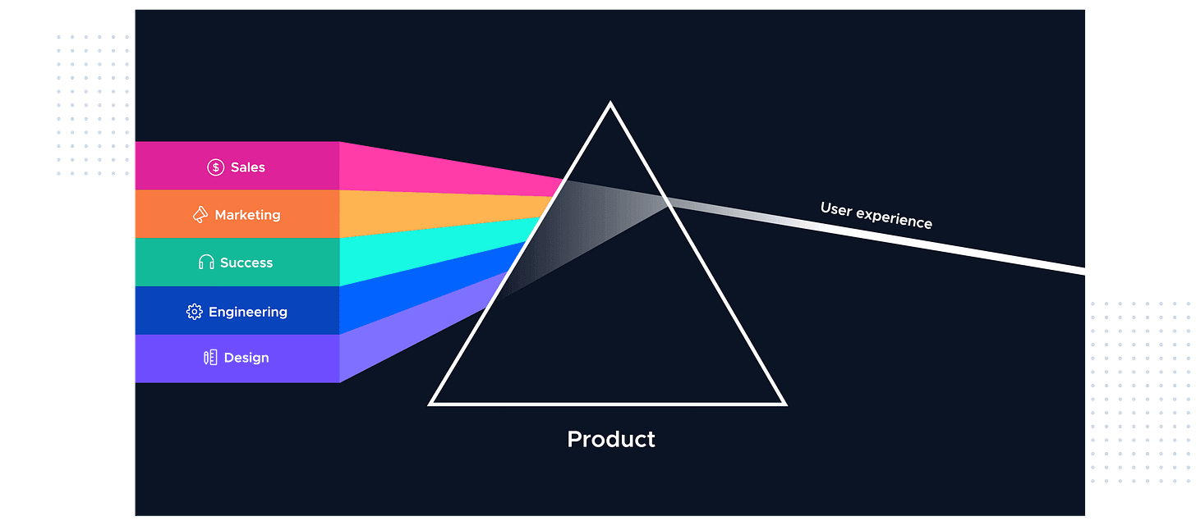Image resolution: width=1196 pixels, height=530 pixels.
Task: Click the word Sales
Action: coord(248,167)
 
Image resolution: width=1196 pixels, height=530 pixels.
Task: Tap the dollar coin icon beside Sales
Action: coord(215,167)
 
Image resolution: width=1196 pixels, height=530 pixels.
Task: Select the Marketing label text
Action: coord(247,215)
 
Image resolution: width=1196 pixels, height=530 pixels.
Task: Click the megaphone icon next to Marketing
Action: coord(200,215)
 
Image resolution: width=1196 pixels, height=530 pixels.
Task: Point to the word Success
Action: coord(246,263)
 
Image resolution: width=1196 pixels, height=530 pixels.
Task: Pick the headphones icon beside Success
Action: coord(206,263)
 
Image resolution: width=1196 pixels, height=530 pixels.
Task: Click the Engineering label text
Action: coord(248,312)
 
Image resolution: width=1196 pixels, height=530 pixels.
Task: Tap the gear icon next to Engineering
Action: coord(195,312)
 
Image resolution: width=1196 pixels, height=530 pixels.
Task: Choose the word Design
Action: coord(246,358)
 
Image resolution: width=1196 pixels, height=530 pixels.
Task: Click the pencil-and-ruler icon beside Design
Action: coord(210,358)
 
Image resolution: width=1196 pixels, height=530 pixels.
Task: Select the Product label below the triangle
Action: coord(611,439)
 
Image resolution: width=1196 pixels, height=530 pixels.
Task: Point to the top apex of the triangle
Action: coord(609,104)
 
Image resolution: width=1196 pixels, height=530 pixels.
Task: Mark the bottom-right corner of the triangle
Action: coord(784,403)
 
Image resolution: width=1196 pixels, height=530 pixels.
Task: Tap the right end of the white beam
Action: coord(1083,271)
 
